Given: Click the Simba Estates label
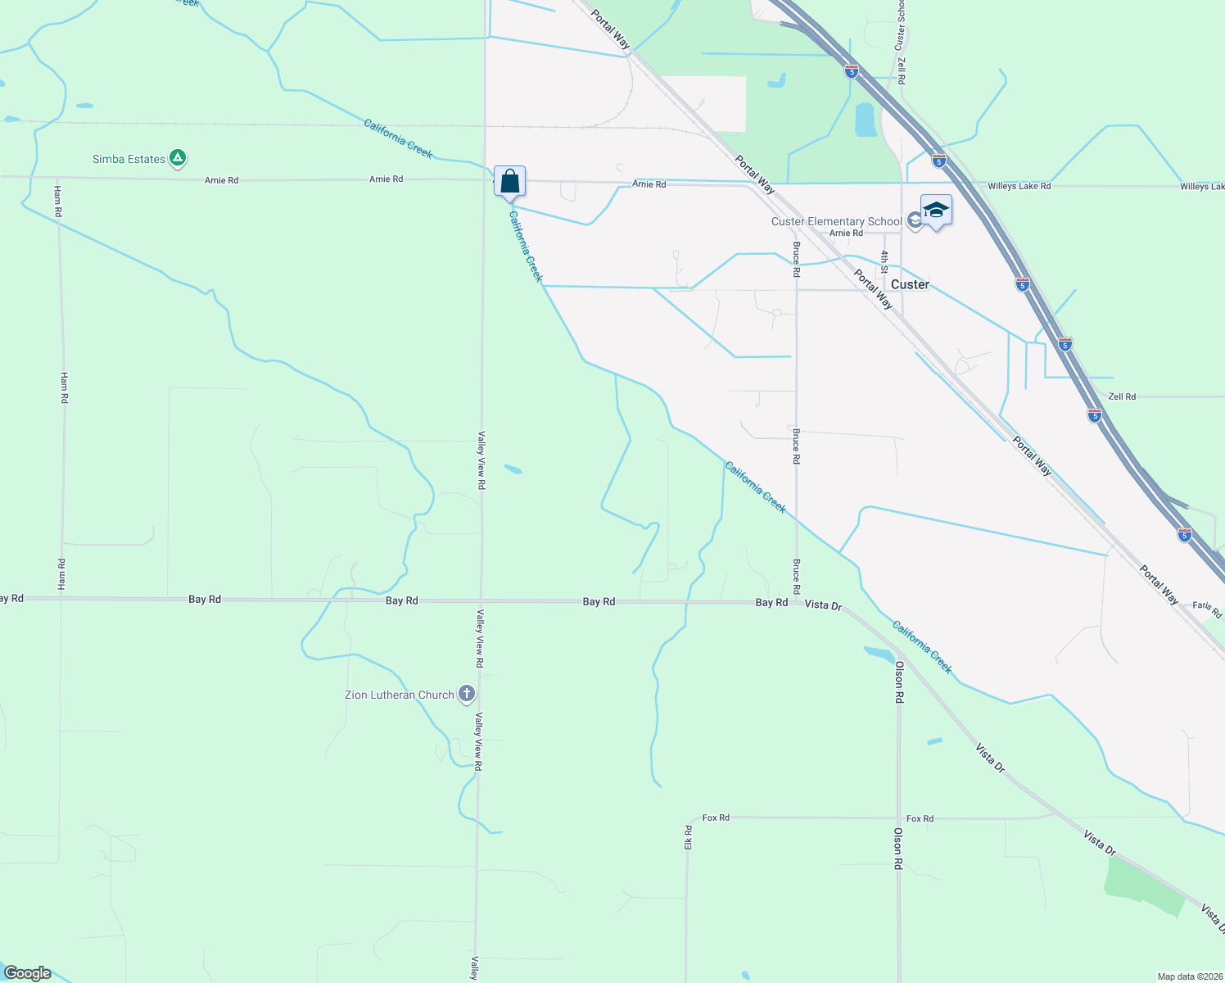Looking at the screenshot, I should click(129, 159).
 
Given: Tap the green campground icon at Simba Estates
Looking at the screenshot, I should click(178, 158).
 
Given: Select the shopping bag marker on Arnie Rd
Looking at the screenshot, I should click(509, 182).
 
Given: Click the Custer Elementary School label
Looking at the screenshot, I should click(836, 221).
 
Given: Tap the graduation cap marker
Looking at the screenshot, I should click(936, 211).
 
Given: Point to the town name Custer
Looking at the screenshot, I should click(910, 284).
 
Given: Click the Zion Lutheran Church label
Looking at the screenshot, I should click(399, 695).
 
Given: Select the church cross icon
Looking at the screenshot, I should click(467, 695).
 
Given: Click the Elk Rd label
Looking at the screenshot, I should click(688, 836).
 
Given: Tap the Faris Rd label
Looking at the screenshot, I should click(1206, 609).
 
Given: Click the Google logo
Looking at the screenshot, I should click(28, 972).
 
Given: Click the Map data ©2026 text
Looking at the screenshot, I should click(1188, 976).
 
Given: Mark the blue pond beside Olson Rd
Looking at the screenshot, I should click(879, 654).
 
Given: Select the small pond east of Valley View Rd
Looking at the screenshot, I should click(513, 469).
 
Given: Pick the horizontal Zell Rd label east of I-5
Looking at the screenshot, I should click(1122, 396).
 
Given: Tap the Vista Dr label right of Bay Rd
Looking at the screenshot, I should click(823, 605).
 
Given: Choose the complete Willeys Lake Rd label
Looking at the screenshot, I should click(1019, 186).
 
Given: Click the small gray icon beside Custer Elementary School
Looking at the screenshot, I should click(915, 221).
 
